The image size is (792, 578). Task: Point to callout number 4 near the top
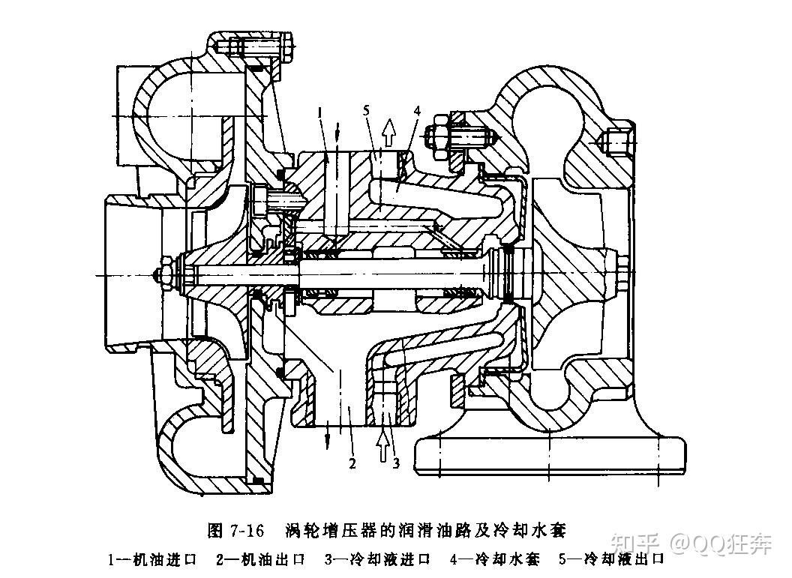[x=416, y=111]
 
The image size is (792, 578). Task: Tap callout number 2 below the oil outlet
[x=352, y=462]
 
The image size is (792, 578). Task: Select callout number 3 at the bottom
[x=396, y=462]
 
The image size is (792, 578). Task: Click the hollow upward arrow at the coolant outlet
[x=388, y=133]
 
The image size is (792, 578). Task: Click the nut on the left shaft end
[x=165, y=275]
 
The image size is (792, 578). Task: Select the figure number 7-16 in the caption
[x=247, y=531]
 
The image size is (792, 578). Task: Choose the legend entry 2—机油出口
[x=261, y=560]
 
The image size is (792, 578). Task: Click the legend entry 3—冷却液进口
[x=376, y=560]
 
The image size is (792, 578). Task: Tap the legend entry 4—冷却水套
[x=494, y=560]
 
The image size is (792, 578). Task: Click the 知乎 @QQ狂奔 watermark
[x=691, y=543]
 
